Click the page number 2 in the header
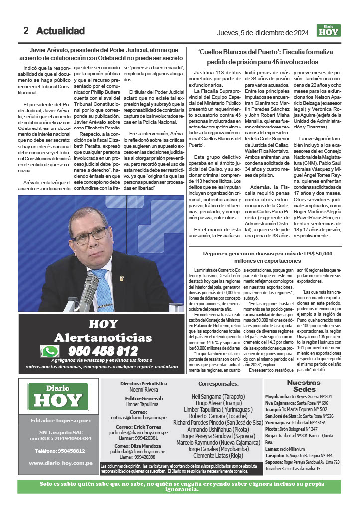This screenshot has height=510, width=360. [x=26, y=31]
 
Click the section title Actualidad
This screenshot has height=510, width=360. [x=60, y=31]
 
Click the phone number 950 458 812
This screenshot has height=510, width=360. [x=103, y=351]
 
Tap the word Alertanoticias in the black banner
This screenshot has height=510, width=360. [x=103, y=337]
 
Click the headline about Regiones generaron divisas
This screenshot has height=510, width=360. [x=267, y=257]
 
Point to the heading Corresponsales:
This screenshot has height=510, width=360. [x=219, y=383]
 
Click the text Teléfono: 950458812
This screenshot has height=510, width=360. [x=57, y=451]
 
